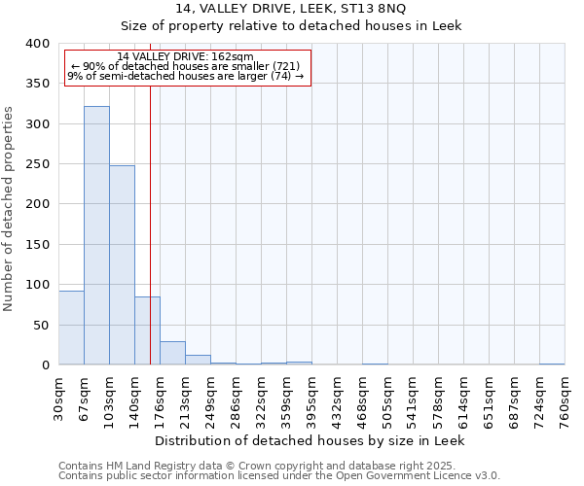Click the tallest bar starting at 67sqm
click(96, 235)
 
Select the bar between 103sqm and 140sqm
click(122, 264)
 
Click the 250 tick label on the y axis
click(37, 164)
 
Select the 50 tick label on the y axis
click(41, 325)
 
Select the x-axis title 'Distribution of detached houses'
click(310, 440)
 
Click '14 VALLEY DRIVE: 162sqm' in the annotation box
click(185, 56)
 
